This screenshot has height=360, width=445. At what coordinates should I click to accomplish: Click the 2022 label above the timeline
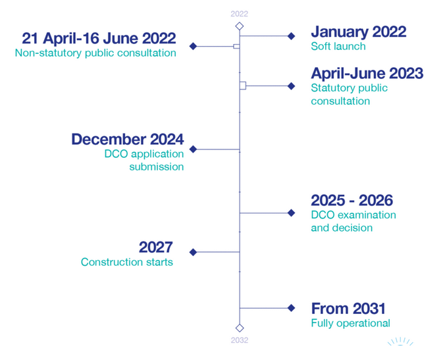coord(239,14)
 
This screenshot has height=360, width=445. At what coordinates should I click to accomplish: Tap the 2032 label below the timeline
coord(239,340)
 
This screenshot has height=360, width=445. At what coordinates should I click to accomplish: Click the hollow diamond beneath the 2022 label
coord(240,26)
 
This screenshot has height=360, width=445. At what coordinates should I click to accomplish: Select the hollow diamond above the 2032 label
coord(240,328)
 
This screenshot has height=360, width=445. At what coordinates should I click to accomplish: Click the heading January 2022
coord(359,32)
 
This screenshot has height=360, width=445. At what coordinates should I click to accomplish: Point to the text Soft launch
coord(338,46)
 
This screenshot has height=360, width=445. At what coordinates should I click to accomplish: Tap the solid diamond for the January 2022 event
coord(291,36)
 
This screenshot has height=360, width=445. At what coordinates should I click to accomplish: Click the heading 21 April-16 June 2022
coord(99,38)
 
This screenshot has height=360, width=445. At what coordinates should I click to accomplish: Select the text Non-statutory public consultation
coord(95,53)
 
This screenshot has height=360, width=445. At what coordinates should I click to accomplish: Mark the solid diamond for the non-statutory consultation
coord(193,46)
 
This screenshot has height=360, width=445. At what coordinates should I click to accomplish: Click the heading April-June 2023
coord(367,73)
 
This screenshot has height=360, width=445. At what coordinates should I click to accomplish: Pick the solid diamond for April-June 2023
coord(291,86)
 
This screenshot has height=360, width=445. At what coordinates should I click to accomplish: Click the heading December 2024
coord(128,140)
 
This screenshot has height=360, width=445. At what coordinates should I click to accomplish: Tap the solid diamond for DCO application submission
coord(193,149)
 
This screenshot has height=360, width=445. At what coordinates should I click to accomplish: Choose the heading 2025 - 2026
coord(352,200)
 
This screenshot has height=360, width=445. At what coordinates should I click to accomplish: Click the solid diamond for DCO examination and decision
coord(291,213)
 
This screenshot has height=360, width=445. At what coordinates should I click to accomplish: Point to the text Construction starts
coord(127,262)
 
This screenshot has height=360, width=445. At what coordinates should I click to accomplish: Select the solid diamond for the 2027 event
coord(193,252)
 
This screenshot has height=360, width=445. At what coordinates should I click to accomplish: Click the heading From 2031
coord(348,309)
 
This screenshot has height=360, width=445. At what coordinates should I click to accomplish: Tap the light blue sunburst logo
coord(400,342)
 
